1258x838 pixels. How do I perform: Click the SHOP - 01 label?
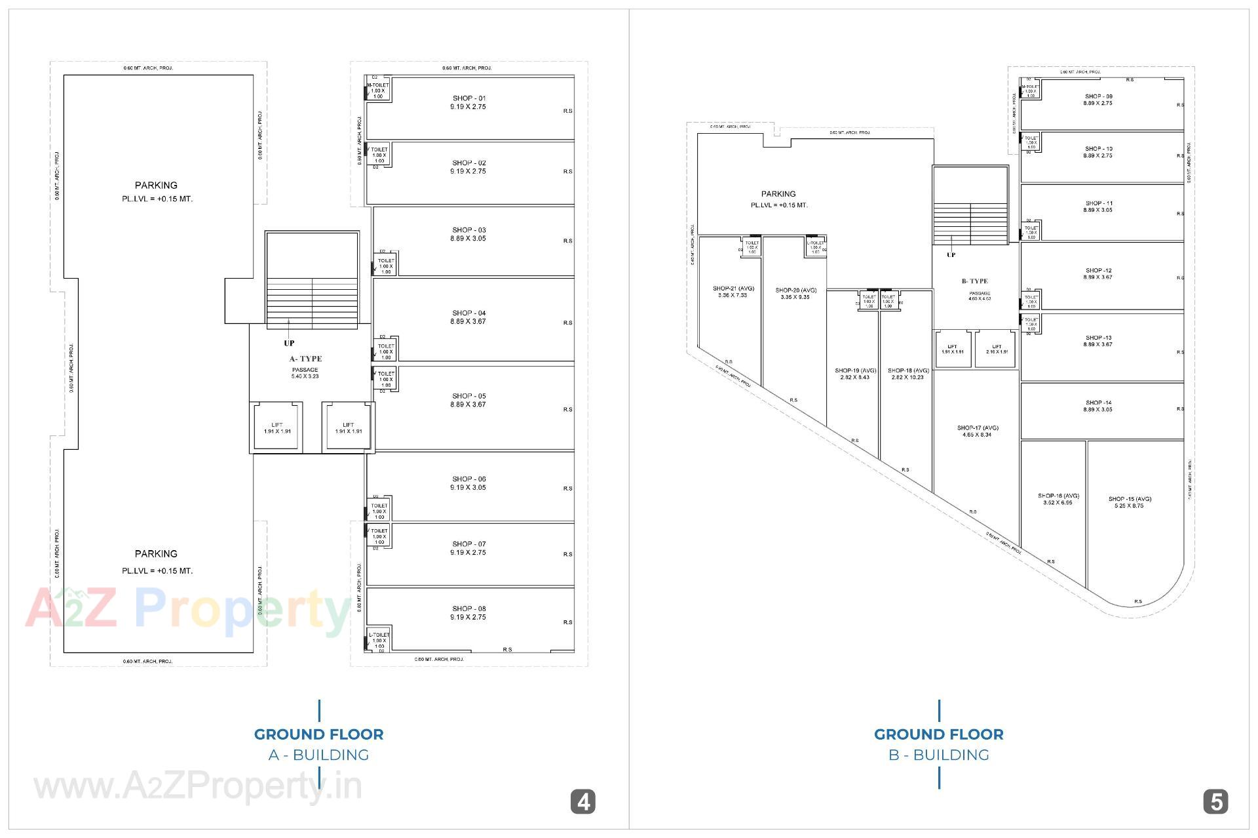[x=468, y=98]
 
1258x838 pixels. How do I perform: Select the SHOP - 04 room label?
[x=468, y=313]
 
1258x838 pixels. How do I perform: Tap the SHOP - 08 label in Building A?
[x=468, y=609]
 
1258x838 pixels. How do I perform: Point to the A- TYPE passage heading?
[x=305, y=359]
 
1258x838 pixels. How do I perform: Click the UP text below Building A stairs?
[x=289, y=343]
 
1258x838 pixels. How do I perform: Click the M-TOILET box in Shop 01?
[x=378, y=90]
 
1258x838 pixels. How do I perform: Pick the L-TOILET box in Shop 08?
[x=379, y=640]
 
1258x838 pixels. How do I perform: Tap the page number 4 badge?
[x=582, y=802]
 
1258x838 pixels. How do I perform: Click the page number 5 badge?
[x=1215, y=802]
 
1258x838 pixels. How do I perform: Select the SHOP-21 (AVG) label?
[x=733, y=289]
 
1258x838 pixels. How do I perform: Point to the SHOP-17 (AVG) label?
[x=978, y=428]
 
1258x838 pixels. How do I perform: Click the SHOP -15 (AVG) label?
[x=1130, y=499]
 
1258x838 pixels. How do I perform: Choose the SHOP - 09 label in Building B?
[x=1098, y=96]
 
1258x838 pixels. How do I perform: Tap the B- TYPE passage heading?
[x=974, y=281]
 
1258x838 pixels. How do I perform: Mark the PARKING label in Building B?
[x=778, y=194]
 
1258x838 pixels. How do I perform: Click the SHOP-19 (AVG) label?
[x=855, y=370]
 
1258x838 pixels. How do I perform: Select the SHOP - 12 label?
[x=1098, y=270]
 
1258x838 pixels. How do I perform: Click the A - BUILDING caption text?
[x=318, y=755]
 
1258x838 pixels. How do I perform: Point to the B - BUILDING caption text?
[x=938, y=755]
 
